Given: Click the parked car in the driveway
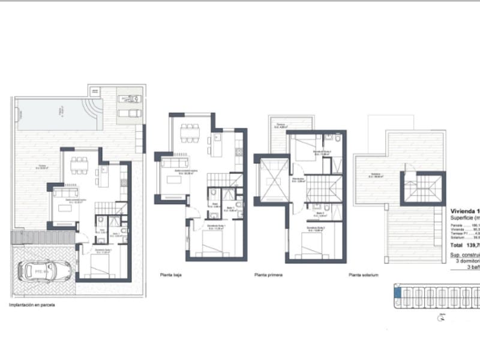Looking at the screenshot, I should point(43,271).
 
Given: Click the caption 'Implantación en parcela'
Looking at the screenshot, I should point(32,305).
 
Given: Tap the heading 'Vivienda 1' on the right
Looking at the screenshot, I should point(464,211).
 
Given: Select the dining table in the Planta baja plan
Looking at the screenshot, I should point(190,129).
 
